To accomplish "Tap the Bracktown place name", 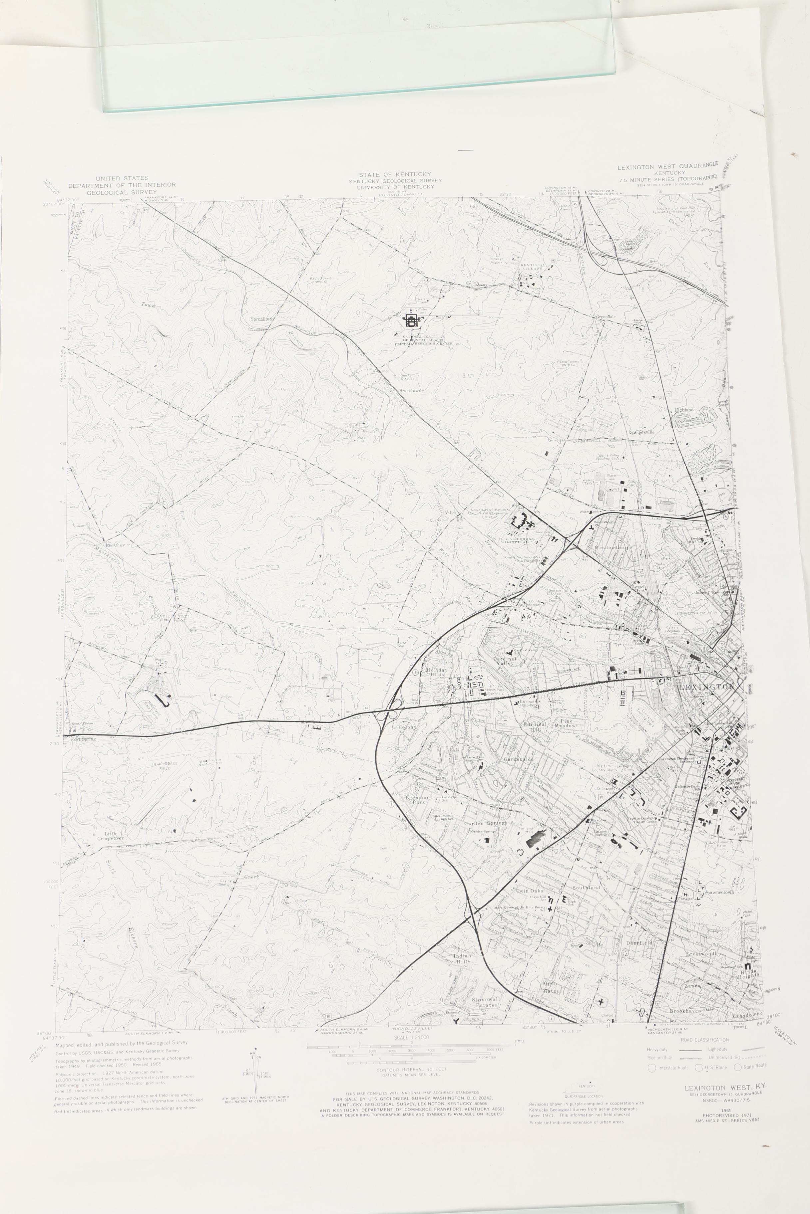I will pos(410,391).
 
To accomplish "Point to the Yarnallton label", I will pos(261,319).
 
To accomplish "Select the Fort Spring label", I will pos(83,739).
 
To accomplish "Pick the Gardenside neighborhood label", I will pos(518,759).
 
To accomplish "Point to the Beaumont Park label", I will pos(418,800).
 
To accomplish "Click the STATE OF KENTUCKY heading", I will pos(395,174).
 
